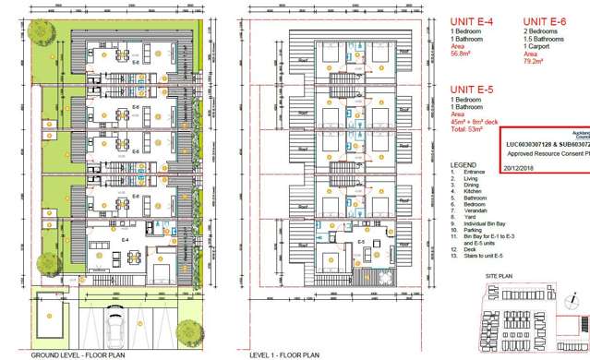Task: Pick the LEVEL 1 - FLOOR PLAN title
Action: coord(284,354)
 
